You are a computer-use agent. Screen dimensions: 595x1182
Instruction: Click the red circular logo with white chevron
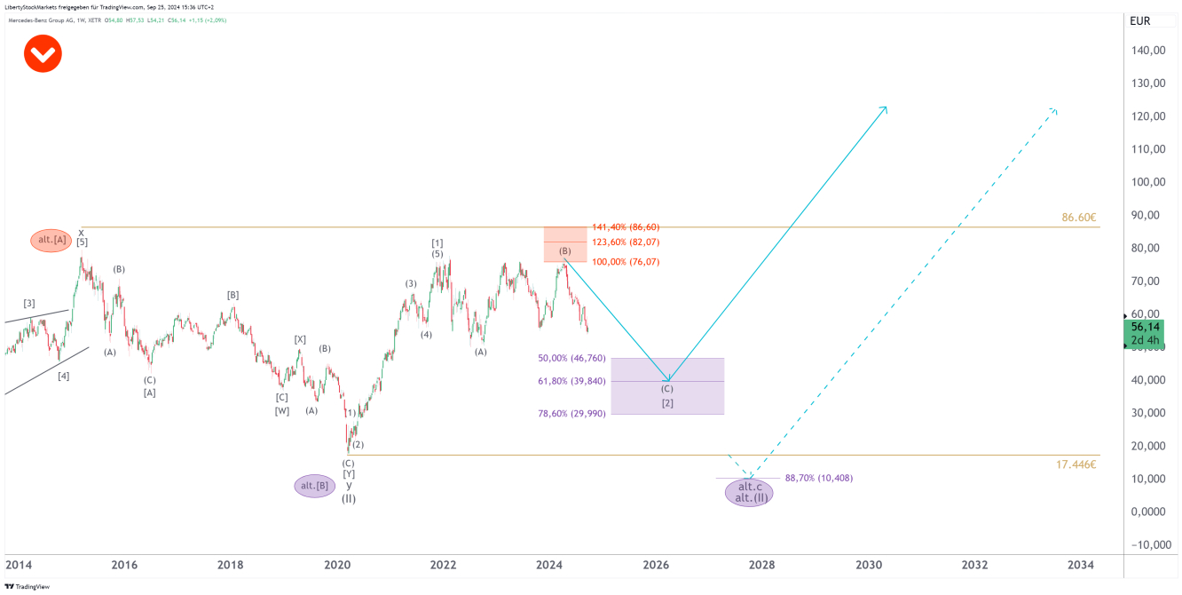42,54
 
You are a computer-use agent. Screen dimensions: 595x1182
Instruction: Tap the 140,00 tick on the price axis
1147,51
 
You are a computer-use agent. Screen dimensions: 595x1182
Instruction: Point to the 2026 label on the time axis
656,565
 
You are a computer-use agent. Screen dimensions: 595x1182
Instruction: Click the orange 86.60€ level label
1078,218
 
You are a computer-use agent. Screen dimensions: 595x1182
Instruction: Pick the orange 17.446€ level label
1076,464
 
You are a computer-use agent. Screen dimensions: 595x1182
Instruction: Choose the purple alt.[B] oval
315,486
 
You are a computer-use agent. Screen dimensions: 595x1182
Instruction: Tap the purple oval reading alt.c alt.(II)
749,492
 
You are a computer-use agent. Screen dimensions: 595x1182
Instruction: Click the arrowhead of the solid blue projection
886,107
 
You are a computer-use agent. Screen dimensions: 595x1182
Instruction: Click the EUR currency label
1139,21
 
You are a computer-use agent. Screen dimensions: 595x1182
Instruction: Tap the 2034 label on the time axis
1080,565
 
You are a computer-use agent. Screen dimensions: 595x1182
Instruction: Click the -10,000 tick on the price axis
1145,544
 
